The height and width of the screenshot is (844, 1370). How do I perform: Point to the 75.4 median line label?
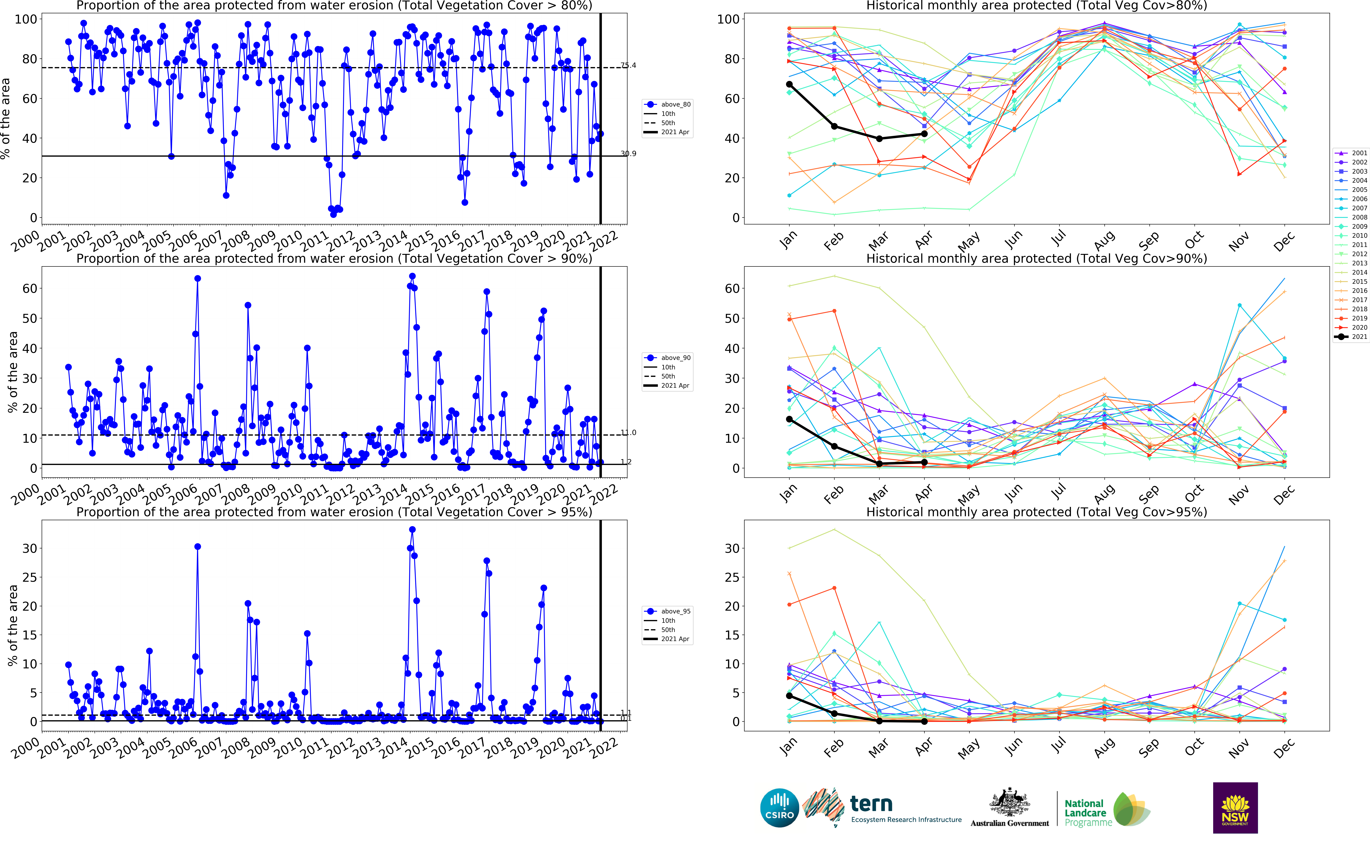pos(629,65)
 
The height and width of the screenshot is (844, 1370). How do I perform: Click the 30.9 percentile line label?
pos(629,154)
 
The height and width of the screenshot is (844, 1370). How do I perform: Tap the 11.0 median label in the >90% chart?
pos(629,433)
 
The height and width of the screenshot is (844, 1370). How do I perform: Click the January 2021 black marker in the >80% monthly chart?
pos(789,84)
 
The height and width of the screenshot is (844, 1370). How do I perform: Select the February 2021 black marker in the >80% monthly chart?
pos(834,126)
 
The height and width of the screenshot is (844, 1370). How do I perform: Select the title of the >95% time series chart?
pos(334,512)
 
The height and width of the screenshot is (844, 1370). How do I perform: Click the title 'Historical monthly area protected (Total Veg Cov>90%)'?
pos(1036,258)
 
